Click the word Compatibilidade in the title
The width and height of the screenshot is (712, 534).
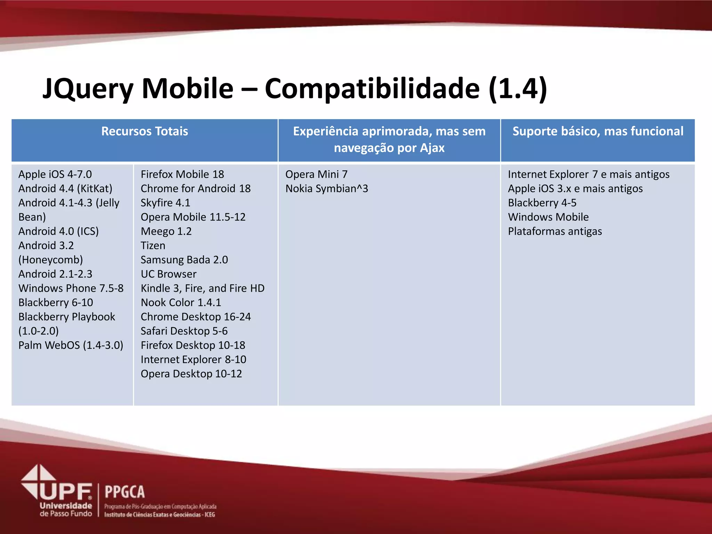(x=372, y=89)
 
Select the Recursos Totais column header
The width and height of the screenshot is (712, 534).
(x=145, y=131)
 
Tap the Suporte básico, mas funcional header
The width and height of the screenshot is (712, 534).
(x=598, y=131)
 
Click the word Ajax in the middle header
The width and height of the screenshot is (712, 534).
(x=432, y=148)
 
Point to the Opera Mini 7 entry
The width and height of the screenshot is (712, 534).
(x=316, y=174)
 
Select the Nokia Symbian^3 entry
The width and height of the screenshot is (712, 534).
(x=326, y=188)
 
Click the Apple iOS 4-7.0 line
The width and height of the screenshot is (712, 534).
(x=55, y=174)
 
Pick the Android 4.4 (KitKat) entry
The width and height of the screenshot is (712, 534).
(x=65, y=188)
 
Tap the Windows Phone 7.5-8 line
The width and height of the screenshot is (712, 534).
(x=71, y=288)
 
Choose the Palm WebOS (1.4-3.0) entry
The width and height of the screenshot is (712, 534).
(x=71, y=345)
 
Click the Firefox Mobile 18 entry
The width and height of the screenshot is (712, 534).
(x=182, y=174)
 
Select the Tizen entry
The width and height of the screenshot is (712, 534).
(x=153, y=245)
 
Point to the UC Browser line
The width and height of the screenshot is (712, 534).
(x=169, y=274)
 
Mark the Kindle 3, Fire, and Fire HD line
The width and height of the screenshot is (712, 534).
(x=202, y=288)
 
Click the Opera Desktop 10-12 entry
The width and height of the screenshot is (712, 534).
(x=191, y=374)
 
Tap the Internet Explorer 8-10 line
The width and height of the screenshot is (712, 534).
(x=193, y=359)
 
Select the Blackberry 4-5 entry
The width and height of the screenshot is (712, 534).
(x=542, y=203)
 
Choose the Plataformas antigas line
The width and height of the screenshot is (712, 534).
(x=555, y=231)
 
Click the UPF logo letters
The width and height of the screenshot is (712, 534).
(x=66, y=491)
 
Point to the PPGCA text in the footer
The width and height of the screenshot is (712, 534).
(x=124, y=492)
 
